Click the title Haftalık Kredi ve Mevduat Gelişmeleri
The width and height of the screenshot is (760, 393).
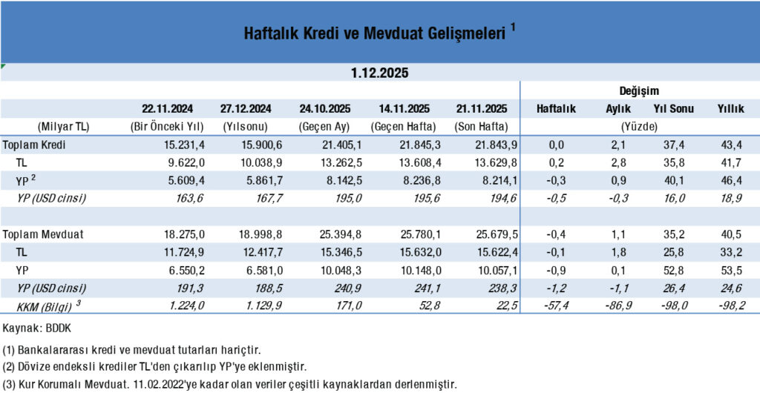pos(375,33)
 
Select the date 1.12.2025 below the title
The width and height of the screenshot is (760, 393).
pos(379,73)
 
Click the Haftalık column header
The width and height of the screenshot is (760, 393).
pos(556,108)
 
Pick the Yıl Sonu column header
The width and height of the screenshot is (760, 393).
pos(674,108)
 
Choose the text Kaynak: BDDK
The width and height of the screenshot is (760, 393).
pos(33,326)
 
